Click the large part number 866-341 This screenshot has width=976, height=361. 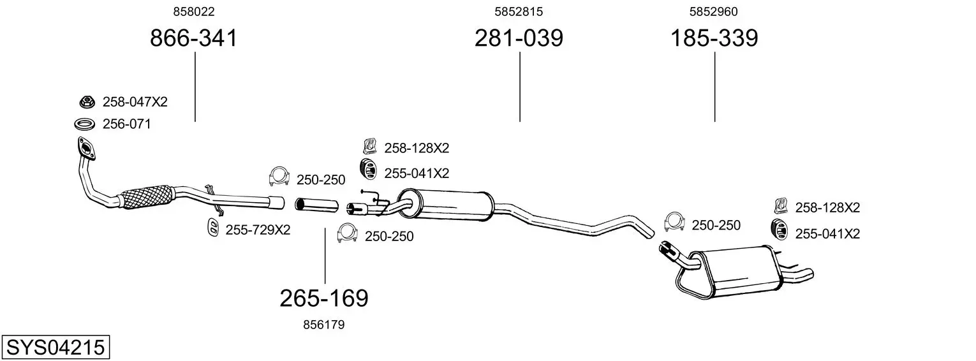point(193,38)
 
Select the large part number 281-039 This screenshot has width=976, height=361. point(519,38)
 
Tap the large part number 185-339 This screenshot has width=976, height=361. point(714,38)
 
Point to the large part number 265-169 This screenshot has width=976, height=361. point(324,298)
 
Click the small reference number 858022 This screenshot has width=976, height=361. point(194,11)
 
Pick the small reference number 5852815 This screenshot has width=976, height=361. point(519,11)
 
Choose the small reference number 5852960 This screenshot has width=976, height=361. point(714,11)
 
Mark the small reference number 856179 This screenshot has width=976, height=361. point(323,325)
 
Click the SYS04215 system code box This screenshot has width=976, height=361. point(55,347)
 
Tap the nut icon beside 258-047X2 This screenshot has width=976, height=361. point(87,102)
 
